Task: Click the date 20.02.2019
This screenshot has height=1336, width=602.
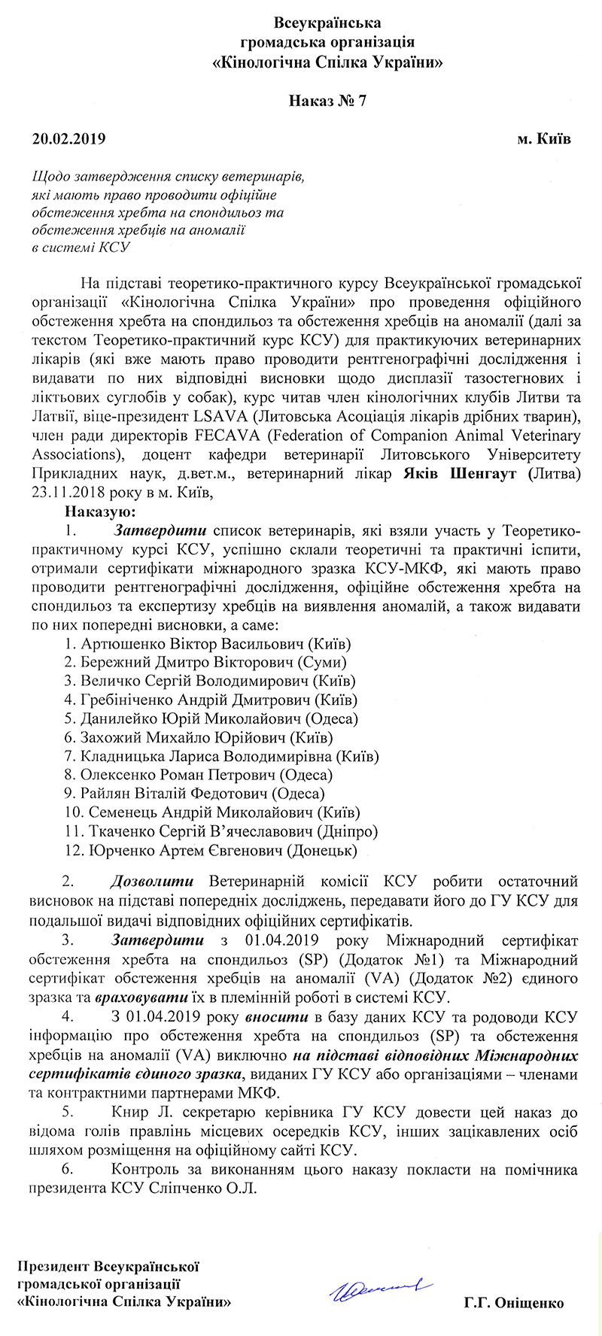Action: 68,139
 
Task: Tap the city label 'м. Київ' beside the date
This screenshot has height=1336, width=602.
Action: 544,139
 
